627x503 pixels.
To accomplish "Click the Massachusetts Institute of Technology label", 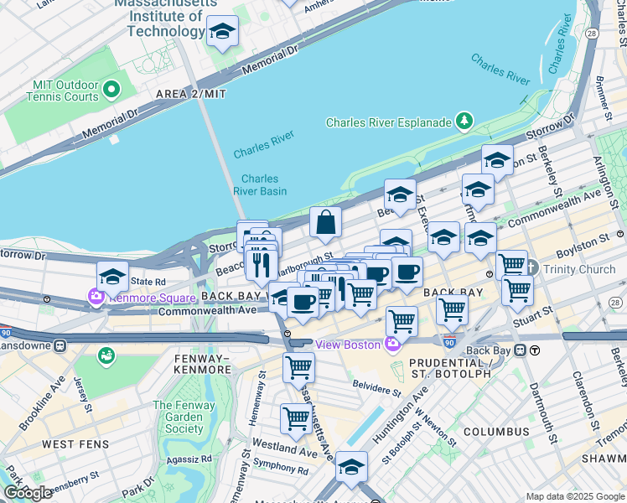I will [165, 18].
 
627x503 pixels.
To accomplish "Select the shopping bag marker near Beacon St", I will [326, 223].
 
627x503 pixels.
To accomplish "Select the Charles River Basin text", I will [260, 184].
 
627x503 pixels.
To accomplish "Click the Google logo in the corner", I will [28, 492].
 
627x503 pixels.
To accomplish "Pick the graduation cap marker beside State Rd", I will [113, 276].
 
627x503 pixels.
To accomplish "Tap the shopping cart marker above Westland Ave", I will [295, 417].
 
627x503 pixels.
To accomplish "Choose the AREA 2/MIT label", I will [189, 94].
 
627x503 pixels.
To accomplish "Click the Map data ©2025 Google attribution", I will [575, 496].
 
